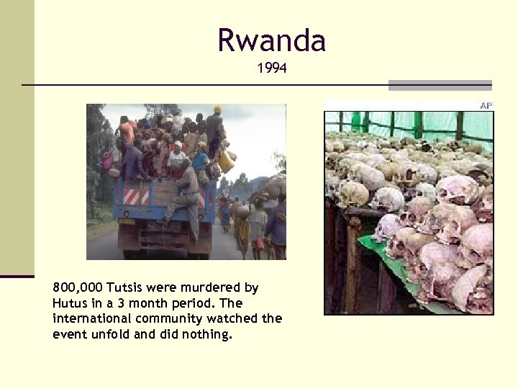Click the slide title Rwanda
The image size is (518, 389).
click(272, 40)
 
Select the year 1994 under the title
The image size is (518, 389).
click(272, 69)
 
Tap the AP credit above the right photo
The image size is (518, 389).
click(486, 106)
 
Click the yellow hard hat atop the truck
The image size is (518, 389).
click(217, 109)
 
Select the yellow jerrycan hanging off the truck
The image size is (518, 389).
click(227, 161)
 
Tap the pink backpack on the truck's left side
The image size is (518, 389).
click(108, 160)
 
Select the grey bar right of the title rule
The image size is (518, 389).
click(440, 85)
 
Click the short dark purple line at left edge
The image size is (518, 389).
click(17, 276)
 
